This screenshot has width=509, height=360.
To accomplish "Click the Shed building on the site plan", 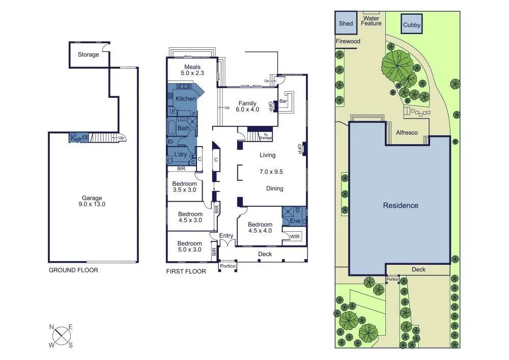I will point(346,23).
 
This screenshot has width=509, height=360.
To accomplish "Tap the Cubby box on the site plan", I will point(411,24).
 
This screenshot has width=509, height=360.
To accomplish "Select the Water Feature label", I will point(371,21).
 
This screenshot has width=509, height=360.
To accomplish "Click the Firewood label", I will point(348,41).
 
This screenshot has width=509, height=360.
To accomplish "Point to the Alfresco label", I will point(407,132).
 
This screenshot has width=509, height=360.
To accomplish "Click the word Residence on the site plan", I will point(401,205).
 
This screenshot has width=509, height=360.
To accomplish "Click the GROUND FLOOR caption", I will point(73,270).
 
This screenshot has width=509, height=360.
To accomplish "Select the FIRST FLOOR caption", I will point(186,271).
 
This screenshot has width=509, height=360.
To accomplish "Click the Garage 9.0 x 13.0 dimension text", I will point(92,201).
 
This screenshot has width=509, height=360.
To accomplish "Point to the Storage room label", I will point(88,54).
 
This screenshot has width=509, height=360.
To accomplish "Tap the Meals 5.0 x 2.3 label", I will point(192,70).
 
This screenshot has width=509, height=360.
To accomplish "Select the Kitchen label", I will point(186,98).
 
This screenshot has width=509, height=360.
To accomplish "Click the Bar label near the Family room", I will point(284,102).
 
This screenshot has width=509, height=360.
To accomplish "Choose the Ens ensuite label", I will point(295,221).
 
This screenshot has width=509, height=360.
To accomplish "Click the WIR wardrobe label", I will point(294,236).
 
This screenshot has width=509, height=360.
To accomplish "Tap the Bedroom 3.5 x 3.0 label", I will point(184,187).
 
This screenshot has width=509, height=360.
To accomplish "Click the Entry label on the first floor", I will point(226,235).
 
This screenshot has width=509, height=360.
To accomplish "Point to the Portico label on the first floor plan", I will point(227,266).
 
